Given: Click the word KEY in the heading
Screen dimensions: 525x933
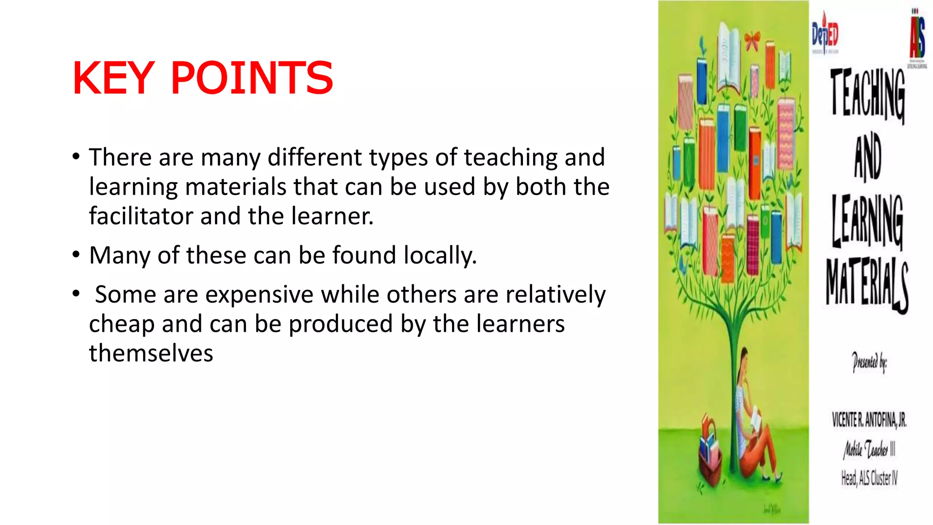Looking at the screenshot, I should [x=113, y=78].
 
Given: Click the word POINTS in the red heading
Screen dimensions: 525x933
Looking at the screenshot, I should [x=252, y=78].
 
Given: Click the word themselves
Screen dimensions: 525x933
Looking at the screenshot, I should [x=151, y=353].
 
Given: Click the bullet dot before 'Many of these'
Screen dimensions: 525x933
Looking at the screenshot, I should [x=76, y=255].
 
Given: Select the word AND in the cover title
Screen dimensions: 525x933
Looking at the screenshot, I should [x=867, y=156].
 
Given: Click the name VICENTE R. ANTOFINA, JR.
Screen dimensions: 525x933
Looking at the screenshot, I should [x=869, y=420].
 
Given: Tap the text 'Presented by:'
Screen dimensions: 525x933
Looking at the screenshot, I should [x=869, y=363].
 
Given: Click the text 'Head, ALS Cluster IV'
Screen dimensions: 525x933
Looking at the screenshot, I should [x=869, y=478].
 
